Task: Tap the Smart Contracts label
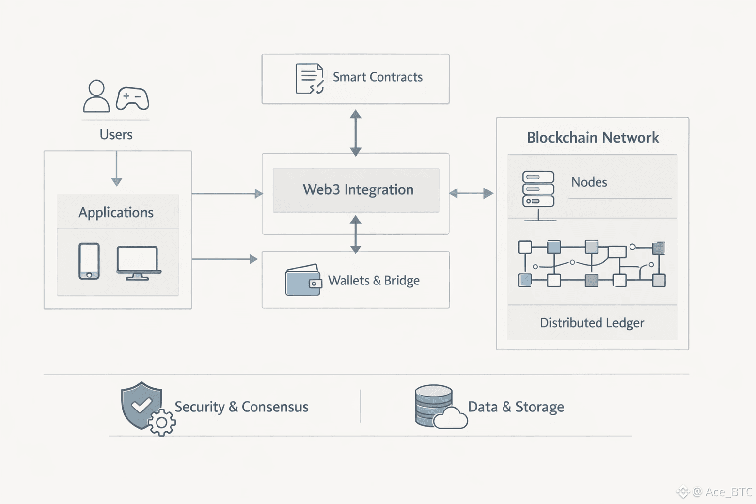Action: (x=378, y=77)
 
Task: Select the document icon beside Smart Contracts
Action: (x=310, y=79)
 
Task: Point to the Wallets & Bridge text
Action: (x=374, y=281)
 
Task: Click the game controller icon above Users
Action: (x=132, y=98)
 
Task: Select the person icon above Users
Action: (x=96, y=96)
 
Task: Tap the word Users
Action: (x=116, y=135)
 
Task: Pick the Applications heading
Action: (x=116, y=212)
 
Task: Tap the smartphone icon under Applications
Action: (x=89, y=261)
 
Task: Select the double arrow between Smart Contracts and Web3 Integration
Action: (x=356, y=133)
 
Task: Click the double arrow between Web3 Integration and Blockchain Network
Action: (x=472, y=193)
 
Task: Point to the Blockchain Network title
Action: (x=593, y=138)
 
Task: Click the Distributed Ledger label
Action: (x=592, y=323)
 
